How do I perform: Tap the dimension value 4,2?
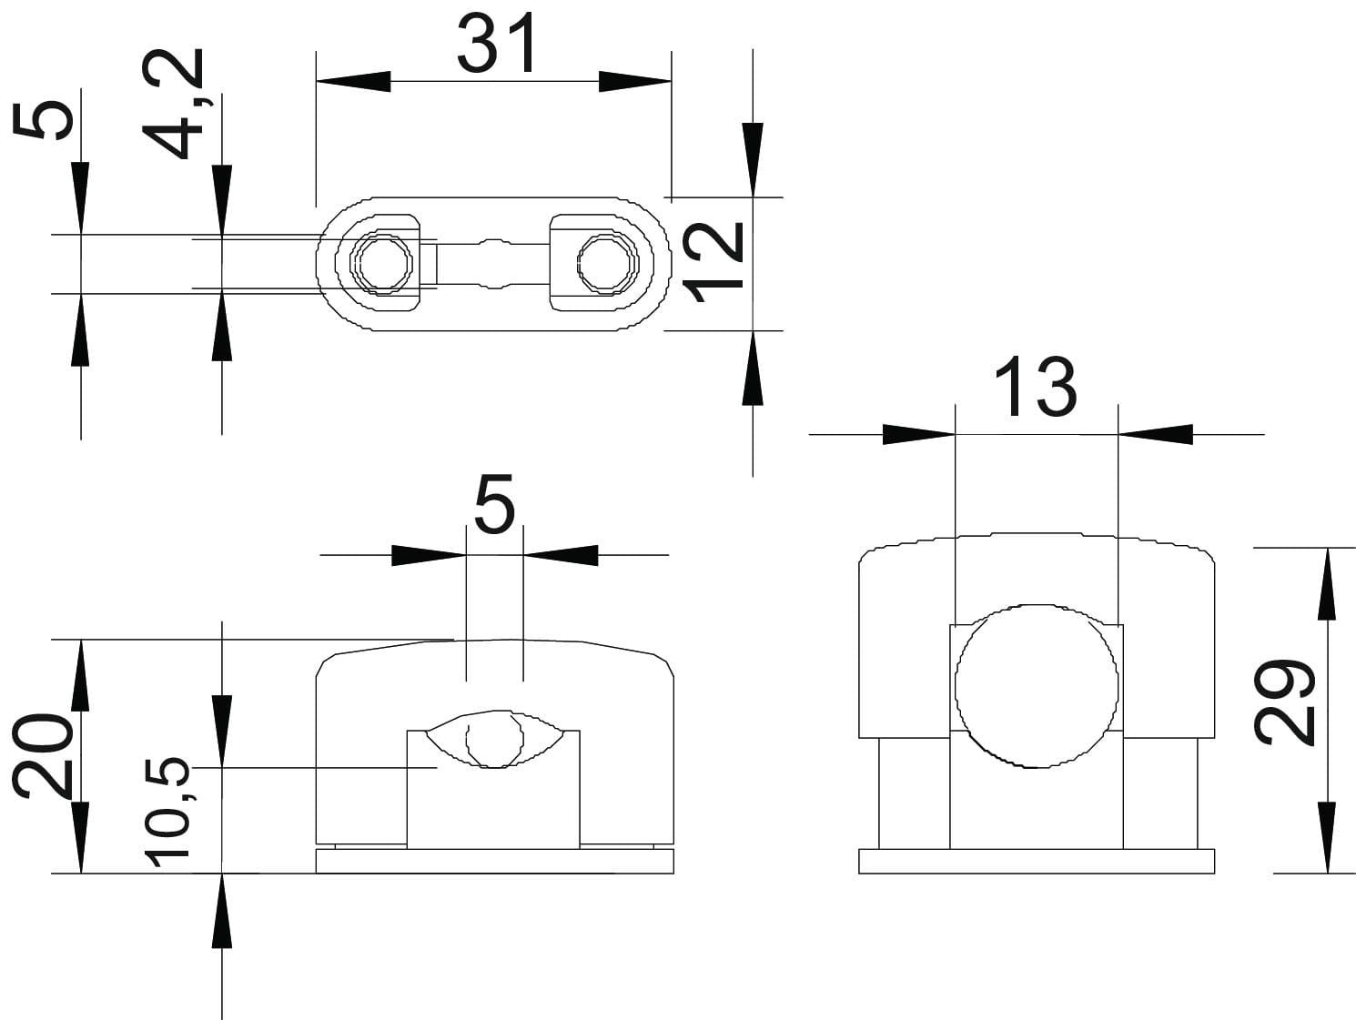pyautogui.click(x=173, y=104)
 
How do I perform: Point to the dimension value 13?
pyautogui.click(x=1036, y=387)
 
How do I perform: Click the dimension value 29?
pyautogui.click(x=1284, y=702)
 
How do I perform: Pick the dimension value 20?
pyautogui.click(x=42, y=757)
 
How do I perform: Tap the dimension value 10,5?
pyautogui.click(x=167, y=811)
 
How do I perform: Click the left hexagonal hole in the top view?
pyautogui.click(x=386, y=263)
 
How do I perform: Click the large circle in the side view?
pyautogui.click(x=1036, y=686)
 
